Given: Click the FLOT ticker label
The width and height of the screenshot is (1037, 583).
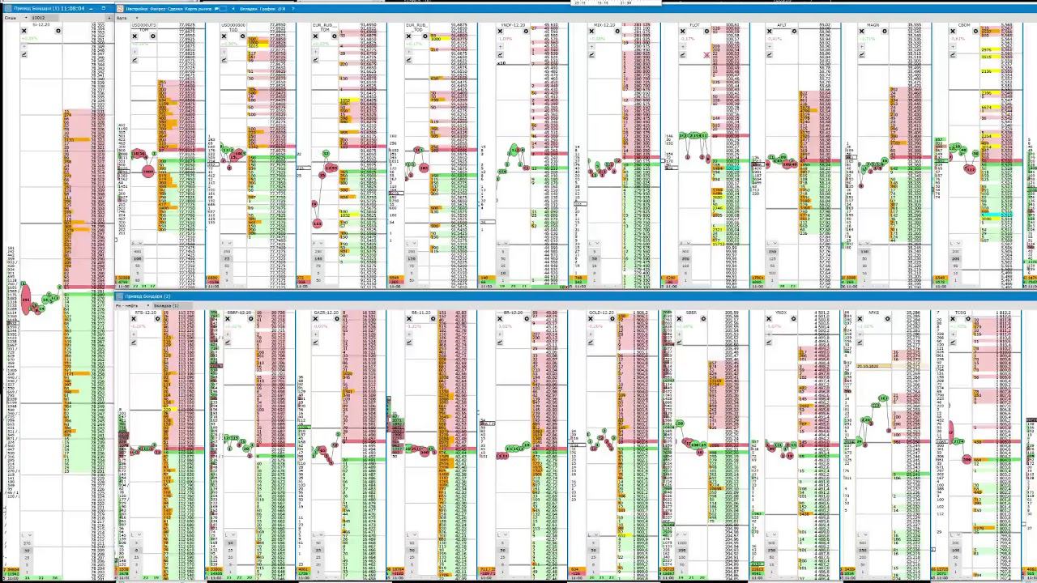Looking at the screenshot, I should point(694,25).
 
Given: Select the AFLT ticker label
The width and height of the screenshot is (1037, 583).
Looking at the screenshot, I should point(782,25).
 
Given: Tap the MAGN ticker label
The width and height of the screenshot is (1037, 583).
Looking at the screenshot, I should point(873,25).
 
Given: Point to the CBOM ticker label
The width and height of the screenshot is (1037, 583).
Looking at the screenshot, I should point(964,25).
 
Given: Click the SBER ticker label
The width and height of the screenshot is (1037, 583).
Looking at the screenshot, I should point(691,313).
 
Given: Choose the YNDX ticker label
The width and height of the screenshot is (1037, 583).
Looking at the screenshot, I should point(781,313).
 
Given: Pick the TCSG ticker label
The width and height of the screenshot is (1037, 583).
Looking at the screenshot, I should point(961,313).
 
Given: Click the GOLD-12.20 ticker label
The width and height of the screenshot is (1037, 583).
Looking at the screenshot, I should point(600,313).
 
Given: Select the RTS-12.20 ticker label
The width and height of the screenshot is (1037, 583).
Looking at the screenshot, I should point(146,313).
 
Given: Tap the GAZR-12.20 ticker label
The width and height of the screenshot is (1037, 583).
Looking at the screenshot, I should point(327,313).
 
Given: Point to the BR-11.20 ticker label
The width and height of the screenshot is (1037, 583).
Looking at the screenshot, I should point(420,313).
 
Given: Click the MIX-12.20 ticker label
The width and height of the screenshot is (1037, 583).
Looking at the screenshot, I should point(604,25).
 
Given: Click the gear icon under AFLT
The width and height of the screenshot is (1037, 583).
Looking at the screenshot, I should point(793,32).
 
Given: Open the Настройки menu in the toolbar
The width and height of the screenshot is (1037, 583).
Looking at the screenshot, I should point(136,8).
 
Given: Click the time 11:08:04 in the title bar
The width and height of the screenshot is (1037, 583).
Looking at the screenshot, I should point(72,8).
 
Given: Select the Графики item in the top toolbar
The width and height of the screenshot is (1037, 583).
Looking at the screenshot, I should point(268,8).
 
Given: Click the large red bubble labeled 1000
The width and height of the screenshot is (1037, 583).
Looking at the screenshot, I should point(147,172).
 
